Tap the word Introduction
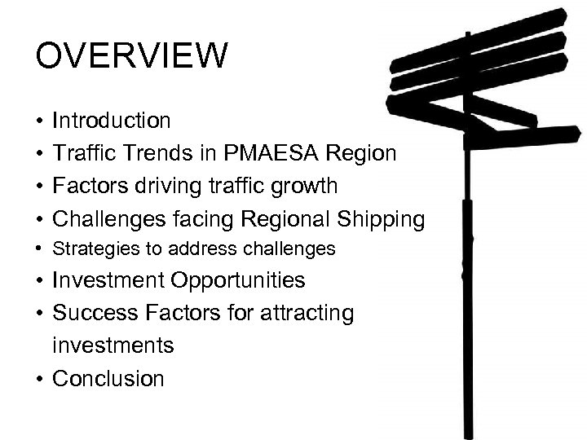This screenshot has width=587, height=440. pyautogui.click(x=112, y=121)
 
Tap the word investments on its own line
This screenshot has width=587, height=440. pyautogui.click(x=113, y=346)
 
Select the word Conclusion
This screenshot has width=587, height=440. pyautogui.click(x=108, y=379)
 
